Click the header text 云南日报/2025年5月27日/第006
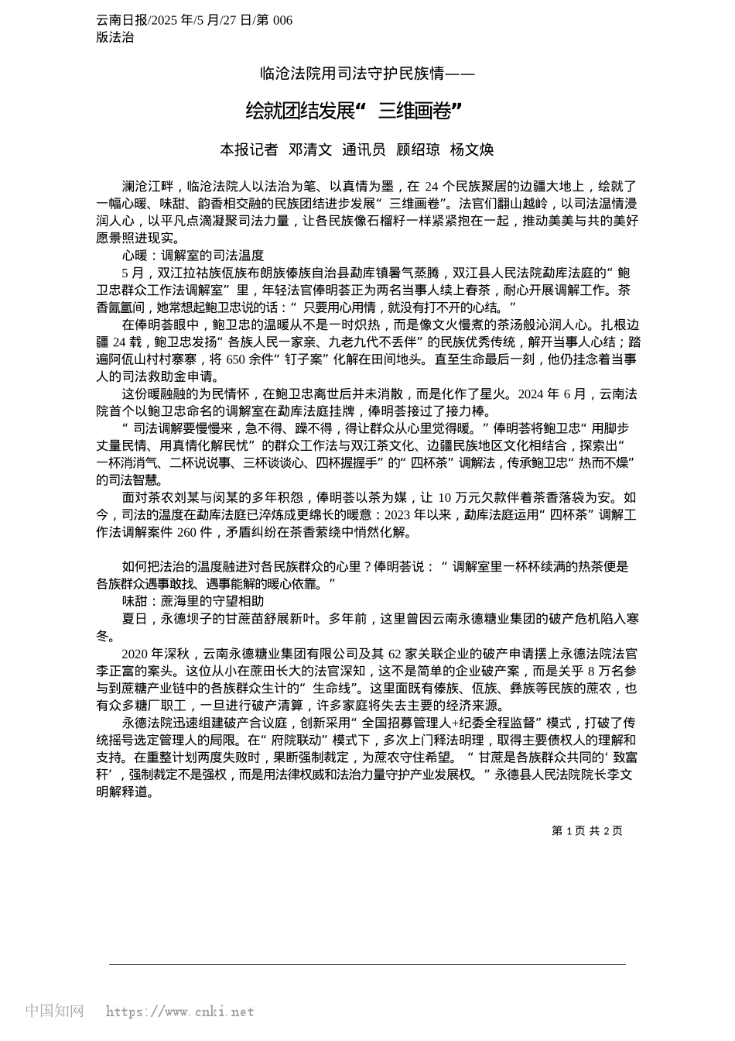tap(194, 20)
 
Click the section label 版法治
tap(115, 37)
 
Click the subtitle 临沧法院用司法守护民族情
tap(367, 74)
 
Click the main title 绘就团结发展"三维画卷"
tap(354, 112)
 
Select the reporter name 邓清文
tap(310, 149)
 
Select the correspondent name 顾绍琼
tap(418, 149)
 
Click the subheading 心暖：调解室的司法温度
tap(193, 255)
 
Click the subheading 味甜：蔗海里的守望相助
tap(193, 600)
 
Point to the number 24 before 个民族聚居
tap(432, 186)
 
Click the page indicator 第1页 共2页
tap(586, 830)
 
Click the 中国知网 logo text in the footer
tap(54, 1011)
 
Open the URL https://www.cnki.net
tap(179, 1012)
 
